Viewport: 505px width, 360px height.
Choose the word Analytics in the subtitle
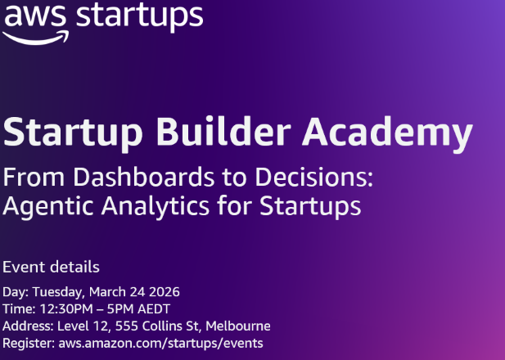pos(165,205)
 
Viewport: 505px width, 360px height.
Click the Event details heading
pos(52,267)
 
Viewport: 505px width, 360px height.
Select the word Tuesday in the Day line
pos(56,292)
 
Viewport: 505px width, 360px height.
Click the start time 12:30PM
pos(61,309)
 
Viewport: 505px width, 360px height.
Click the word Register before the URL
pos(28,344)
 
